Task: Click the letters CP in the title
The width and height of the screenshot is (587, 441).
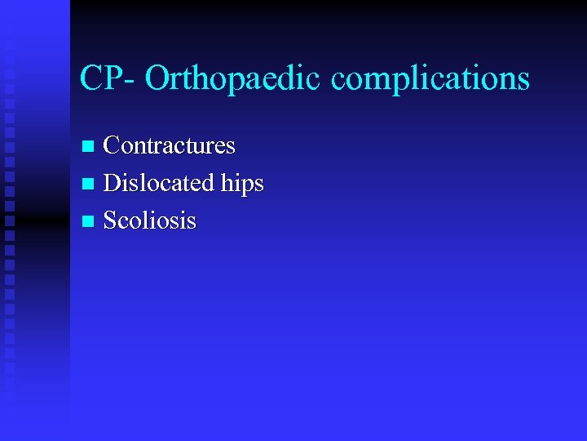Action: [x=99, y=78]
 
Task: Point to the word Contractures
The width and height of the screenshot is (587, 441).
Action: [x=170, y=146]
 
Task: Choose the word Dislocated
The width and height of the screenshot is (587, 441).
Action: [x=160, y=183]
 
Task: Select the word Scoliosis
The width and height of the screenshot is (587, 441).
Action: [x=150, y=220]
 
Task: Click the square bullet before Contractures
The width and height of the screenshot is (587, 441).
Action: [x=89, y=147]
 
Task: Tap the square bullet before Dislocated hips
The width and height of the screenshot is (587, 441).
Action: [x=89, y=185]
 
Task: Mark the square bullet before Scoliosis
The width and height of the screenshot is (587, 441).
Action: [x=89, y=221]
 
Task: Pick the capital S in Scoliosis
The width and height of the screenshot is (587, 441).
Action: [x=111, y=220]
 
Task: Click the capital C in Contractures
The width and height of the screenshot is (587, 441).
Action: [x=113, y=146]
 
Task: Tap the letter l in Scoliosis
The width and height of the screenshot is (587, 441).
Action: [x=147, y=220]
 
